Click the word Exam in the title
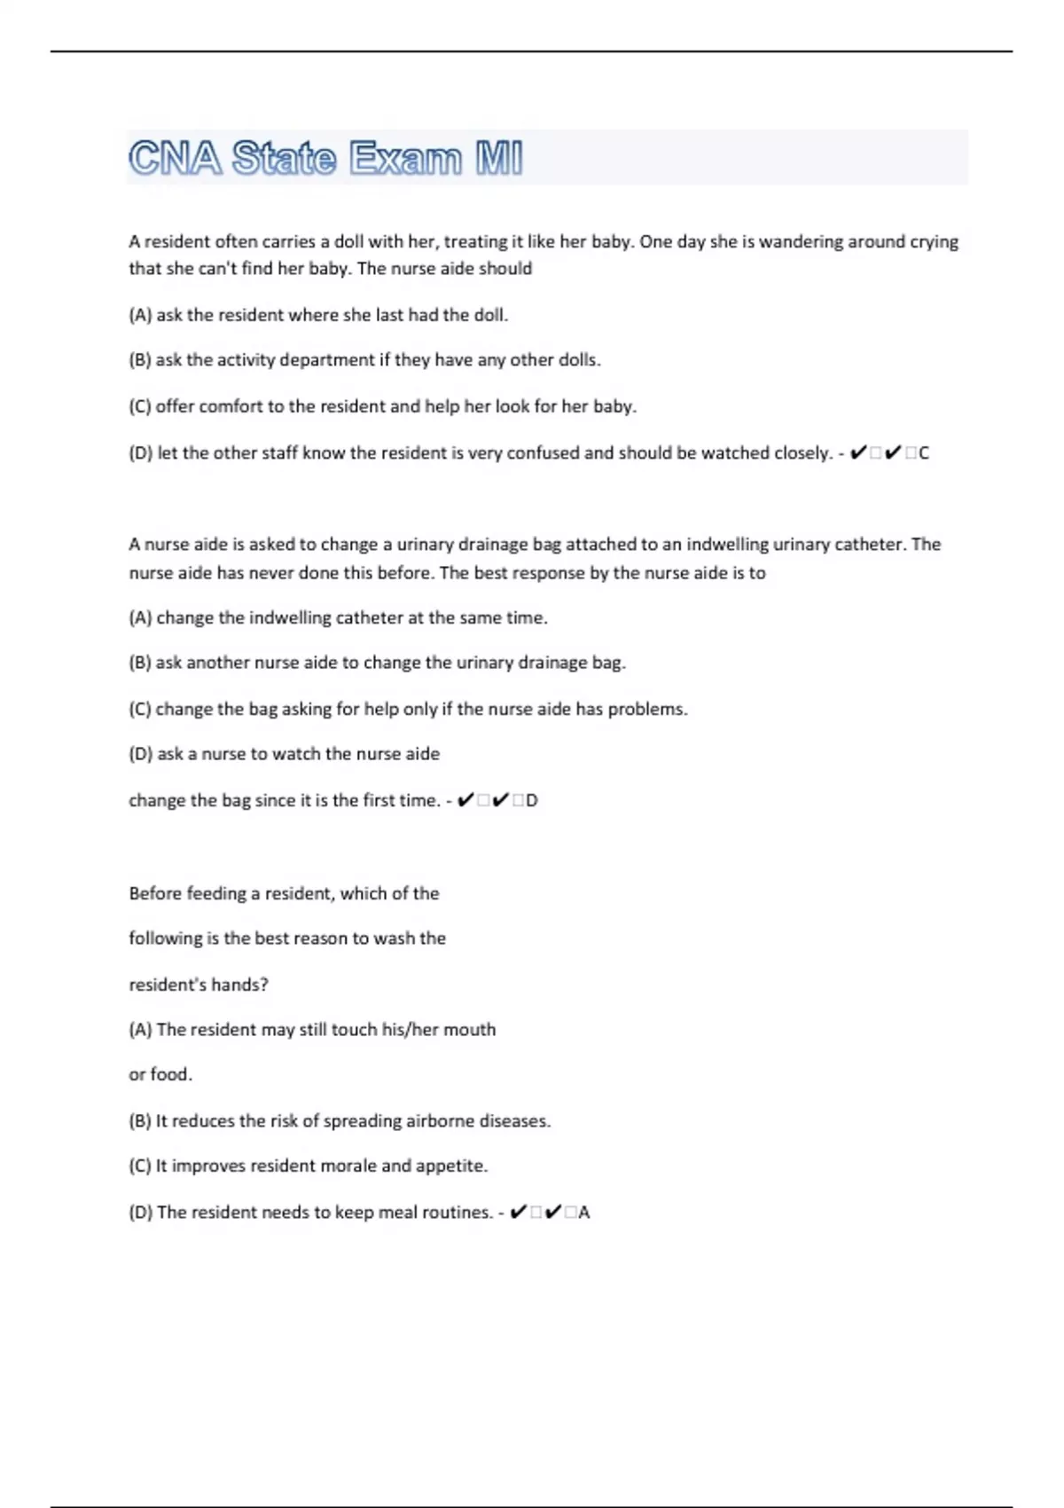(x=405, y=159)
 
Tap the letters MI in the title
(x=499, y=159)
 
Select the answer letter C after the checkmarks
(x=924, y=453)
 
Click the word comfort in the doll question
(x=231, y=406)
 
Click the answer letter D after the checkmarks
(x=532, y=800)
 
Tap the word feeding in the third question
(x=217, y=893)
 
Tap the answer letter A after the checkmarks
(x=584, y=1213)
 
